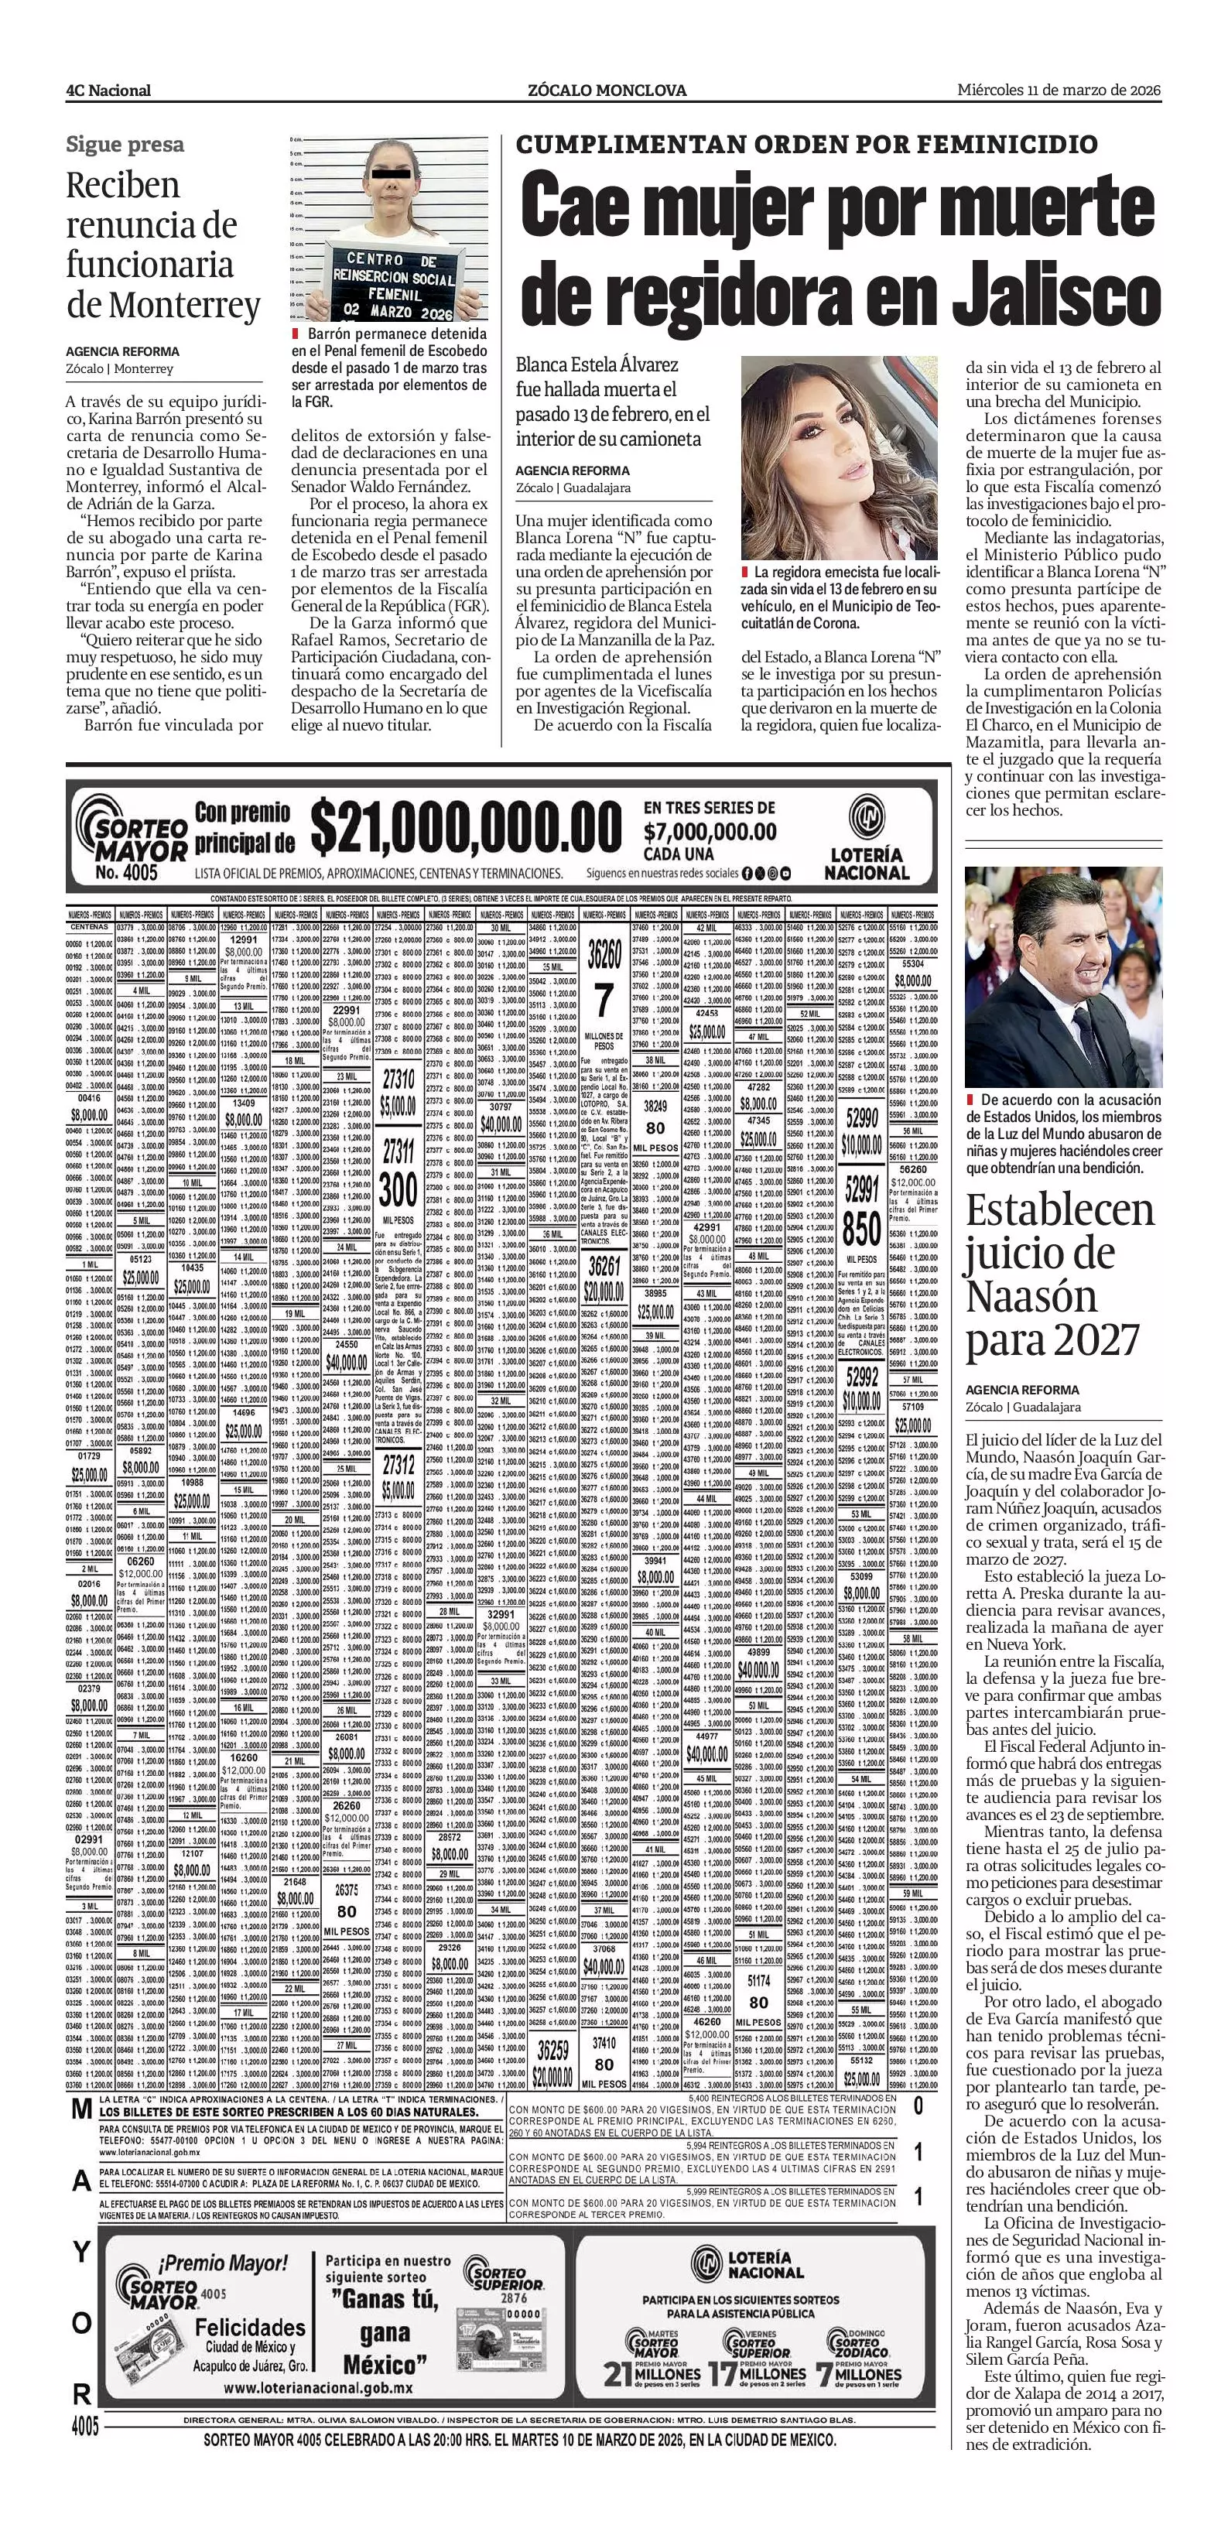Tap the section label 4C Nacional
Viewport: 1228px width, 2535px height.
click(108, 91)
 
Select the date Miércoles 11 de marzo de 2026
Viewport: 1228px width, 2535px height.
click(1059, 90)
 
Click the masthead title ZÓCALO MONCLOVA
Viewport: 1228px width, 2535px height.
click(607, 91)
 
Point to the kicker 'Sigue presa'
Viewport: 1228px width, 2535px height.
click(125, 145)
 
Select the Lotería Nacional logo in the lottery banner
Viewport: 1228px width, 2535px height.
click(866, 837)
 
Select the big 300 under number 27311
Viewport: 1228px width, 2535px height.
click(398, 1192)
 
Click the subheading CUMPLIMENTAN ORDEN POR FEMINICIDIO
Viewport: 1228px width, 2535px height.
click(807, 145)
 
